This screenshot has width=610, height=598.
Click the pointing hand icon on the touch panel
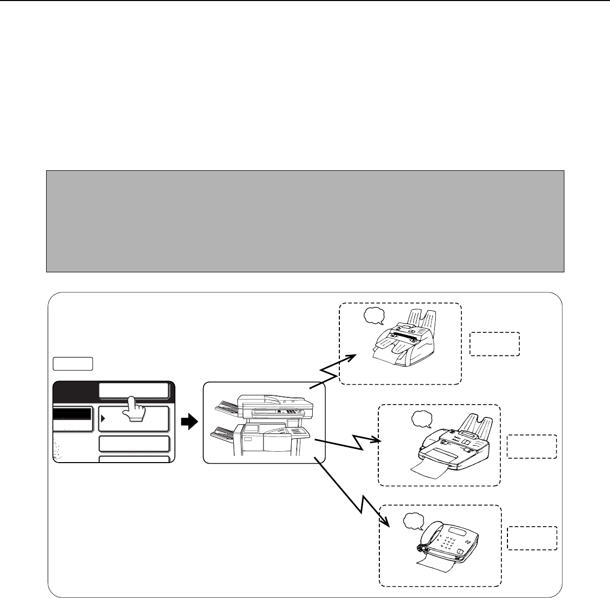click(134, 409)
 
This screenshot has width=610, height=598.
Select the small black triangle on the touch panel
click(103, 418)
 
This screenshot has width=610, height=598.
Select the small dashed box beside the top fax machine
click(494, 344)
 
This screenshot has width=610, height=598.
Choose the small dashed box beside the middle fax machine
click(532, 446)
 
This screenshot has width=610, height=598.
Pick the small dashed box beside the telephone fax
click(532, 538)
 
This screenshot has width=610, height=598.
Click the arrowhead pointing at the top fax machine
click(351, 356)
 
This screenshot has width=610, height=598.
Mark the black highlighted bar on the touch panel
click(72, 414)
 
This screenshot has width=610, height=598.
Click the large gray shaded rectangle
click(305, 221)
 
